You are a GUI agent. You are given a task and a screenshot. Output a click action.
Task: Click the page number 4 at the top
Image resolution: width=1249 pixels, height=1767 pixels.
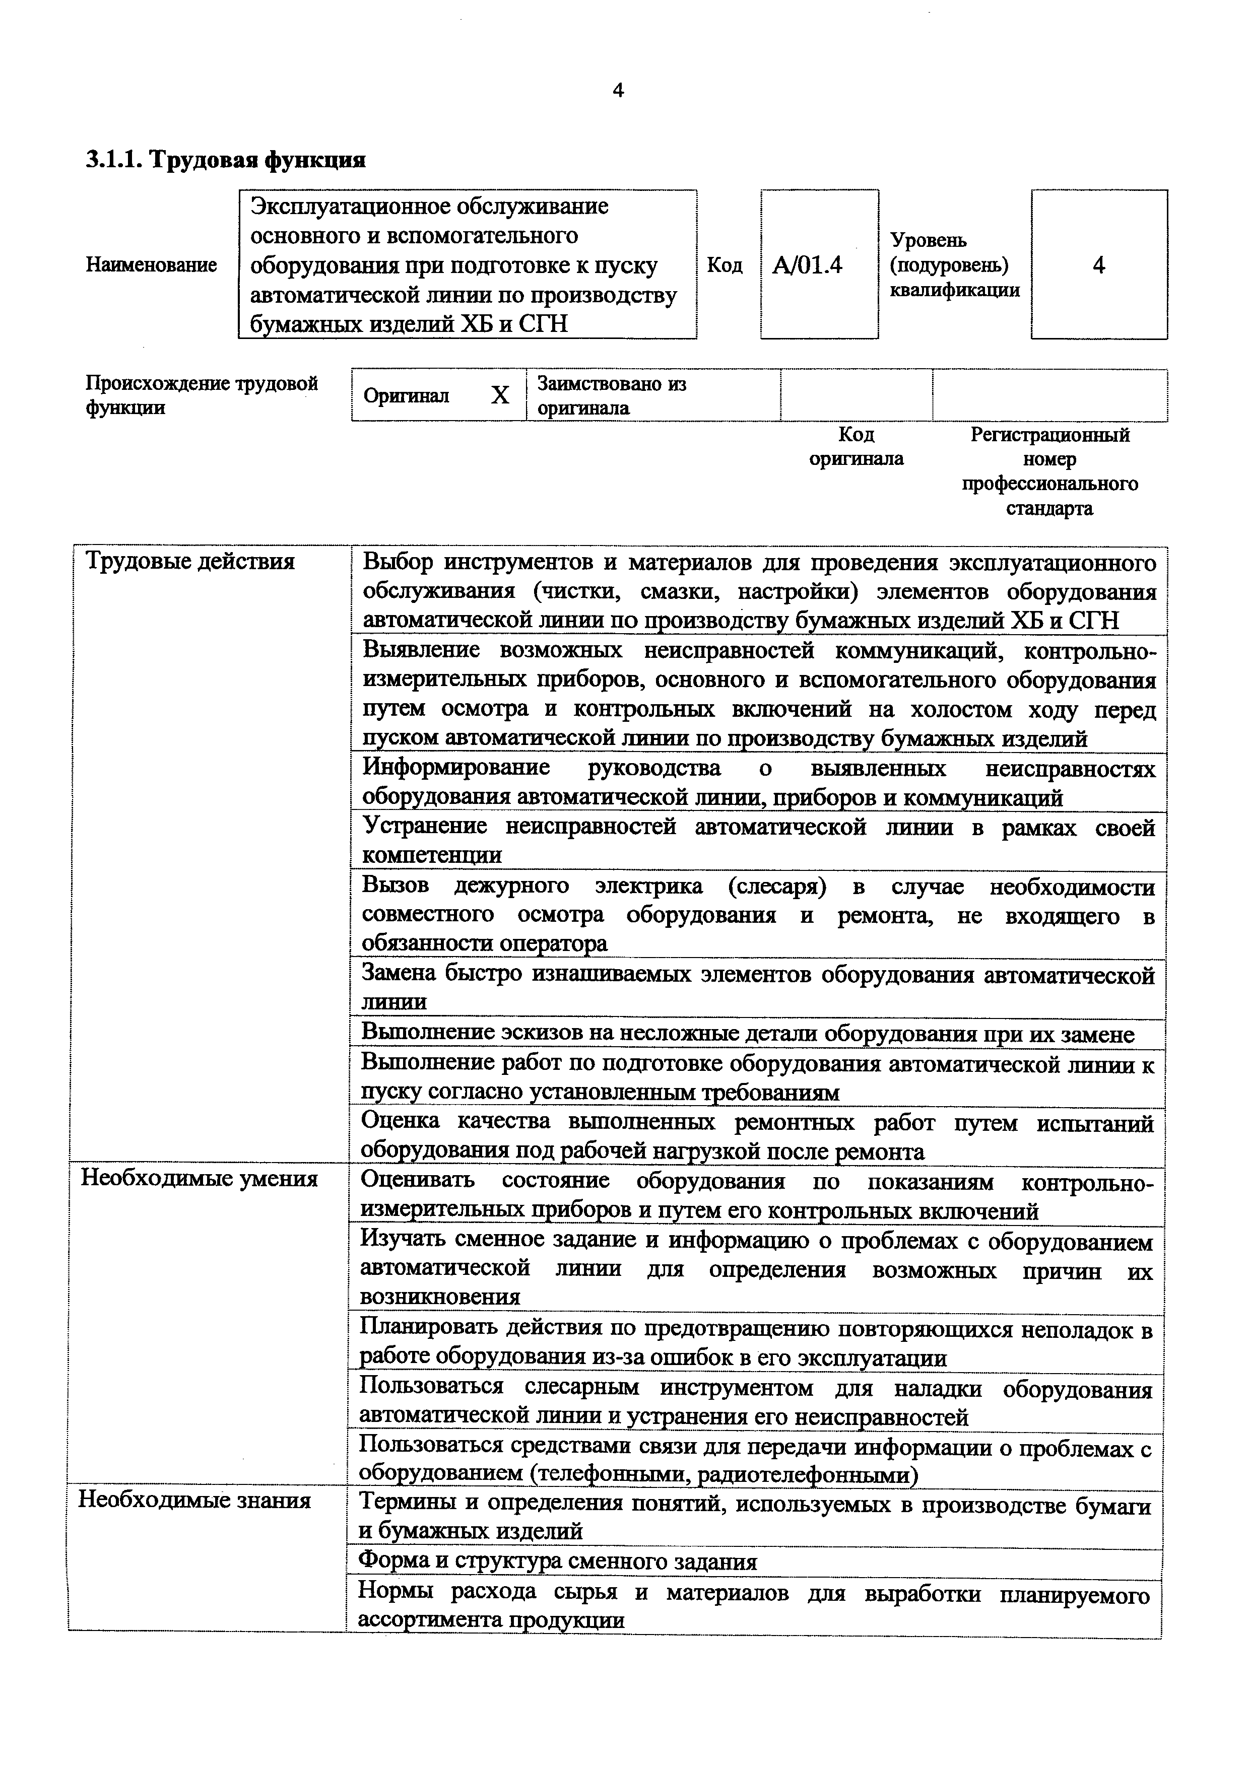point(618,91)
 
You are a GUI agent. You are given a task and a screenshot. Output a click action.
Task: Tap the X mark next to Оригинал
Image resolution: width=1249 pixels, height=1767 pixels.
point(500,395)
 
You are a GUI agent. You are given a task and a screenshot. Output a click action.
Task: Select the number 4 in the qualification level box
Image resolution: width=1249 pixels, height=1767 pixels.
point(1099,265)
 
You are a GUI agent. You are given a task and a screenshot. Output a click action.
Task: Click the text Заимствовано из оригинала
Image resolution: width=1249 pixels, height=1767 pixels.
point(612,395)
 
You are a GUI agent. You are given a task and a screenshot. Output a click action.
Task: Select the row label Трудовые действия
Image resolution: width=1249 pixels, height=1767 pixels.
point(190,561)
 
